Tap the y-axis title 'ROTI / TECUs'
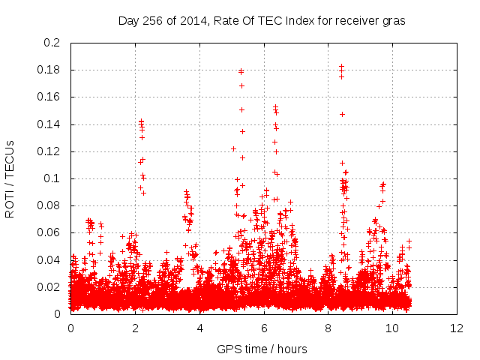point(10,178)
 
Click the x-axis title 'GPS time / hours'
point(262,349)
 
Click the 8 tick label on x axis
point(328,328)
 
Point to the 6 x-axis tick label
point(264,328)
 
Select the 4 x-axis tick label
point(199,328)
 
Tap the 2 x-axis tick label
point(135,328)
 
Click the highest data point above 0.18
point(341,67)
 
